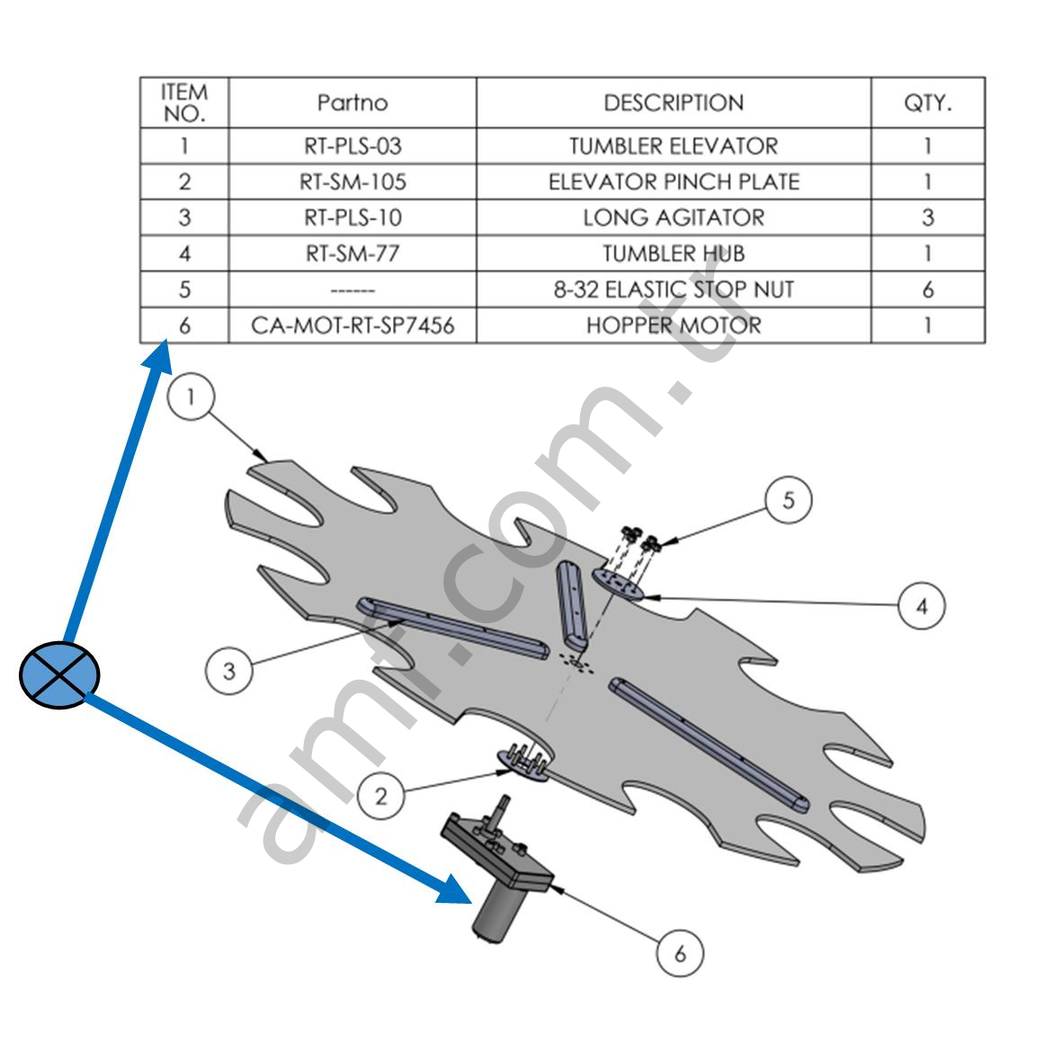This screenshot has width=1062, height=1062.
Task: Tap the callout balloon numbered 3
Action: point(229,671)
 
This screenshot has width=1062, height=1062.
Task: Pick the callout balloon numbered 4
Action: point(921,607)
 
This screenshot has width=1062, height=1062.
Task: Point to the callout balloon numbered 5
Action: point(789,500)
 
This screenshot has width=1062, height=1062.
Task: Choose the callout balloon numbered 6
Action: point(680,953)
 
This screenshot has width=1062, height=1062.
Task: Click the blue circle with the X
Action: point(59,675)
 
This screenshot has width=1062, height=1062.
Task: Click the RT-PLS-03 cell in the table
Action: point(353,146)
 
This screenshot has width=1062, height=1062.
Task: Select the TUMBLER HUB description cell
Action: point(674,254)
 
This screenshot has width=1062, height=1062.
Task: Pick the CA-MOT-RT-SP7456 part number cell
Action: point(353,326)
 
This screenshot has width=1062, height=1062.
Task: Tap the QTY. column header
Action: point(927,103)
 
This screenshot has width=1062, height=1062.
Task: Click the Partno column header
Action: point(353,103)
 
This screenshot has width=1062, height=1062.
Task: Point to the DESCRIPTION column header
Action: point(674,103)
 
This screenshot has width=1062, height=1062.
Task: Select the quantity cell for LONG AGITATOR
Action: point(927,218)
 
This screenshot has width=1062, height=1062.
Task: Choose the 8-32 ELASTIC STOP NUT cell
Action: point(674,290)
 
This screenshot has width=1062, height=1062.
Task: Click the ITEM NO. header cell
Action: point(184,103)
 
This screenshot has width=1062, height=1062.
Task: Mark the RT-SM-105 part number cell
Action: point(353,182)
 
